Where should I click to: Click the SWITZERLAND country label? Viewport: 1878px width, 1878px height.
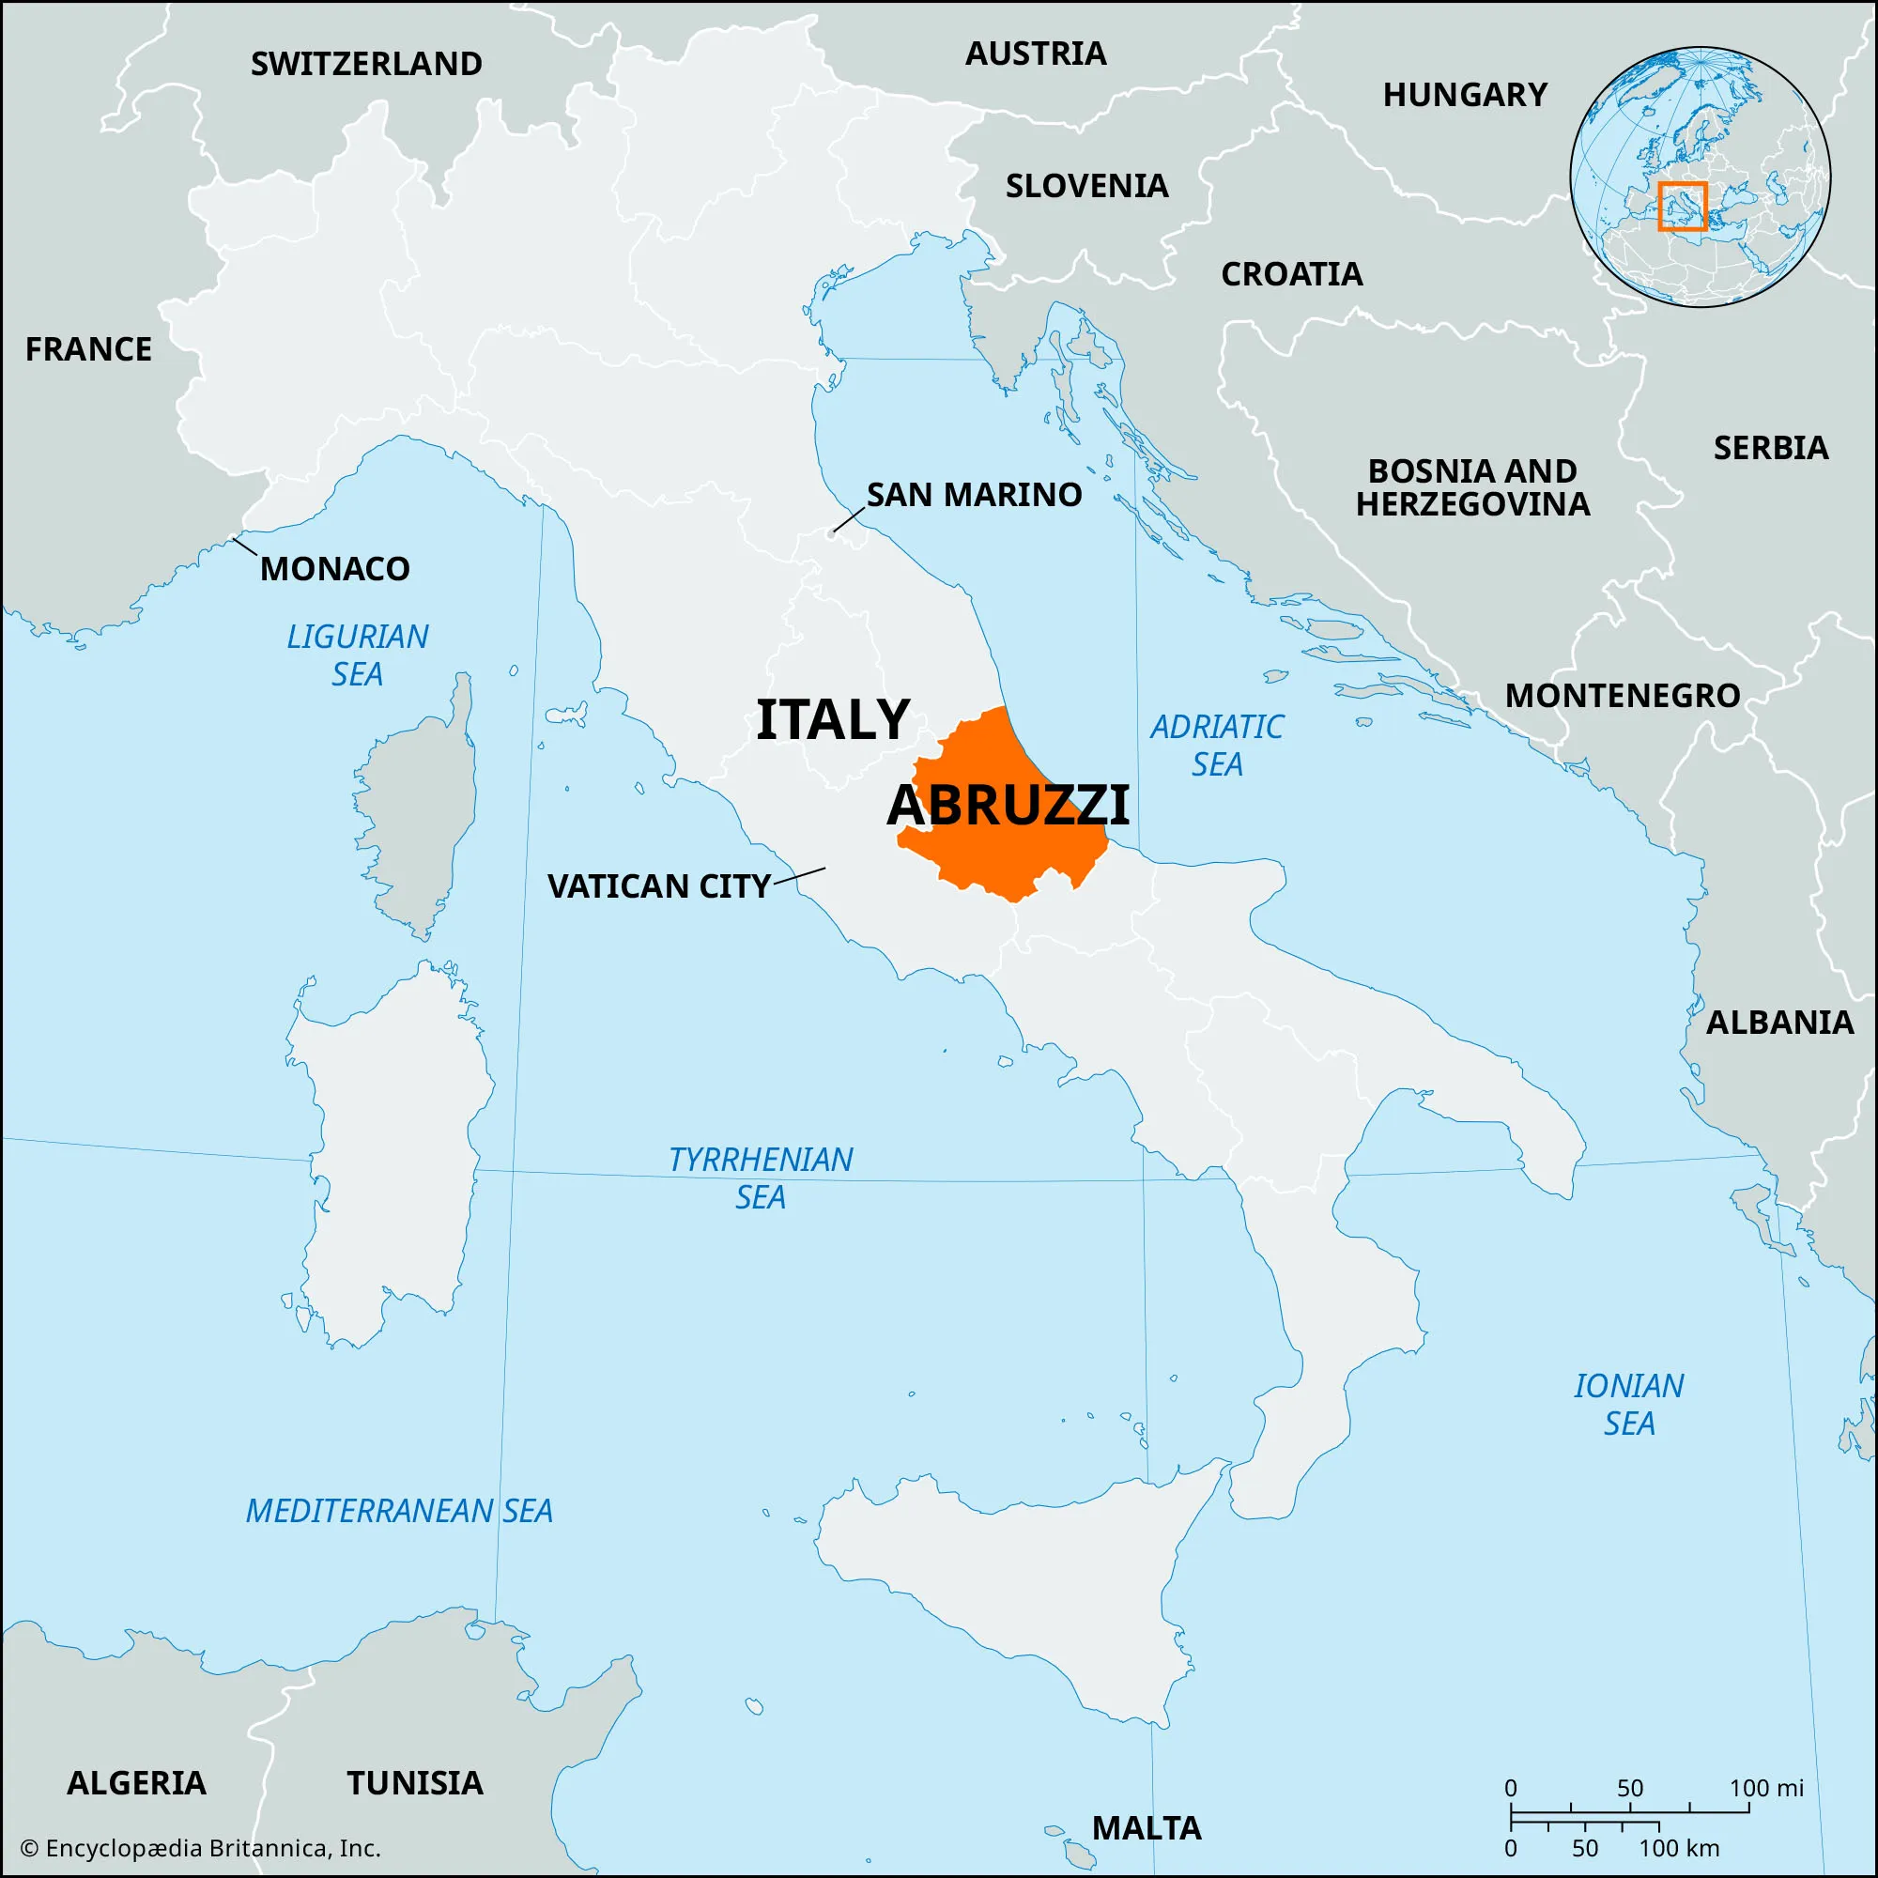coord(366,64)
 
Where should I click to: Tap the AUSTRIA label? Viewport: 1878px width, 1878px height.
coord(1035,54)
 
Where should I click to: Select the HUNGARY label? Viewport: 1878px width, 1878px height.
coord(1465,95)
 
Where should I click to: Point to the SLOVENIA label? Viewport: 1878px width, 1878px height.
coord(1086,186)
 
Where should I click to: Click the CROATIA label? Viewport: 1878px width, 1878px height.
coord(1292,275)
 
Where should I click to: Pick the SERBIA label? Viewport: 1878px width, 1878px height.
coord(1770,448)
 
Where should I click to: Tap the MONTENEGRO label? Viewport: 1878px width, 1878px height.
coord(1623,696)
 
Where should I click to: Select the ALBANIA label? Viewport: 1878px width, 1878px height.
coord(1779,1023)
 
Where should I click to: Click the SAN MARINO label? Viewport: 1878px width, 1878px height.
coord(974,495)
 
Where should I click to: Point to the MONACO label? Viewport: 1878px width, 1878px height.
coord(334,569)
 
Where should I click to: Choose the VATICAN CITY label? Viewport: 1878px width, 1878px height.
coord(659,886)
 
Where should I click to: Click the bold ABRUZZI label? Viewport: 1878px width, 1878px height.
coord(1008,805)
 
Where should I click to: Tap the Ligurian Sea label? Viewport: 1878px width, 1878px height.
coord(357,655)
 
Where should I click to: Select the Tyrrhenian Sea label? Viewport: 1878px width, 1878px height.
coord(761,1178)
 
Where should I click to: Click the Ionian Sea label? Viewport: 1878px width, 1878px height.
coord(1628,1405)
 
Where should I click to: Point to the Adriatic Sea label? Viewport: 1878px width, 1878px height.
coord(1217,746)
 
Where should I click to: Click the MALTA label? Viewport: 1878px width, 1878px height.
coord(1146,1828)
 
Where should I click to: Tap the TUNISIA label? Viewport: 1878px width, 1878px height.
coord(415,1784)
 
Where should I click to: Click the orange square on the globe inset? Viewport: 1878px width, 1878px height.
coord(1683,206)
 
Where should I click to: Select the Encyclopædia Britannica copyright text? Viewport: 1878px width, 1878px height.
coord(200,1849)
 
